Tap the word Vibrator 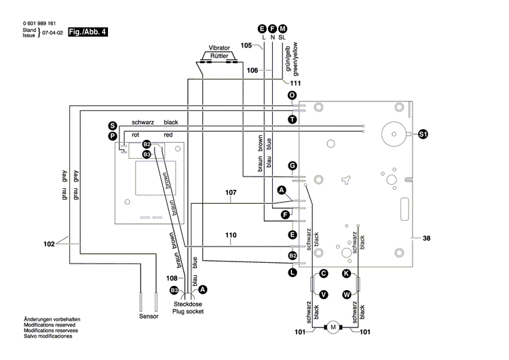click(x=217, y=50)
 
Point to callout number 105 click(x=247, y=46)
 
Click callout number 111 click(x=296, y=82)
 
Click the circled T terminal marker click(x=292, y=119)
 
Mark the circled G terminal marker click(x=292, y=165)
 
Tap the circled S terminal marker click(x=113, y=125)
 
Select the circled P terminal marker click(x=113, y=136)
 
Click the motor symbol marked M click(x=333, y=327)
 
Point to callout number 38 click(x=426, y=238)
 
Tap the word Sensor click(x=149, y=317)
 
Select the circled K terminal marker click(x=346, y=273)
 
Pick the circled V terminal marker click(x=324, y=294)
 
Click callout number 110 click(x=231, y=235)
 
